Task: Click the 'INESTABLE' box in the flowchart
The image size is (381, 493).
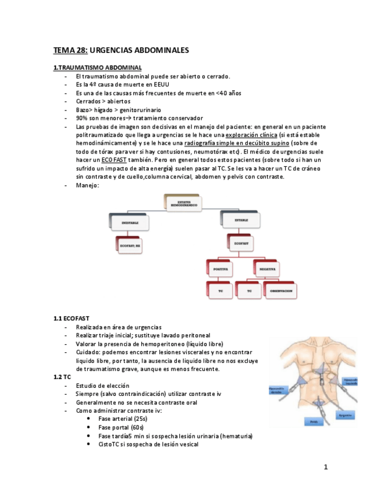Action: click(x=130, y=223)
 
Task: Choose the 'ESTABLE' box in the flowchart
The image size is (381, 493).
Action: click(x=241, y=221)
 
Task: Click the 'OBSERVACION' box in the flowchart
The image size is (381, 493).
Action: click(x=281, y=291)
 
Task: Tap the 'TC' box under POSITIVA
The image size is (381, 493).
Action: click(x=220, y=291)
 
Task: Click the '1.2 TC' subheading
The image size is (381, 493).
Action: click(x=62, y=377)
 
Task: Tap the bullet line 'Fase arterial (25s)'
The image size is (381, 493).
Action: click(x=122, y=419)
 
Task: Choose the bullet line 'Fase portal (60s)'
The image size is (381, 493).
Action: click(x=120, y=427)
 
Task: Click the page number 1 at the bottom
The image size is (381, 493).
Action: click(x=326, y=467)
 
